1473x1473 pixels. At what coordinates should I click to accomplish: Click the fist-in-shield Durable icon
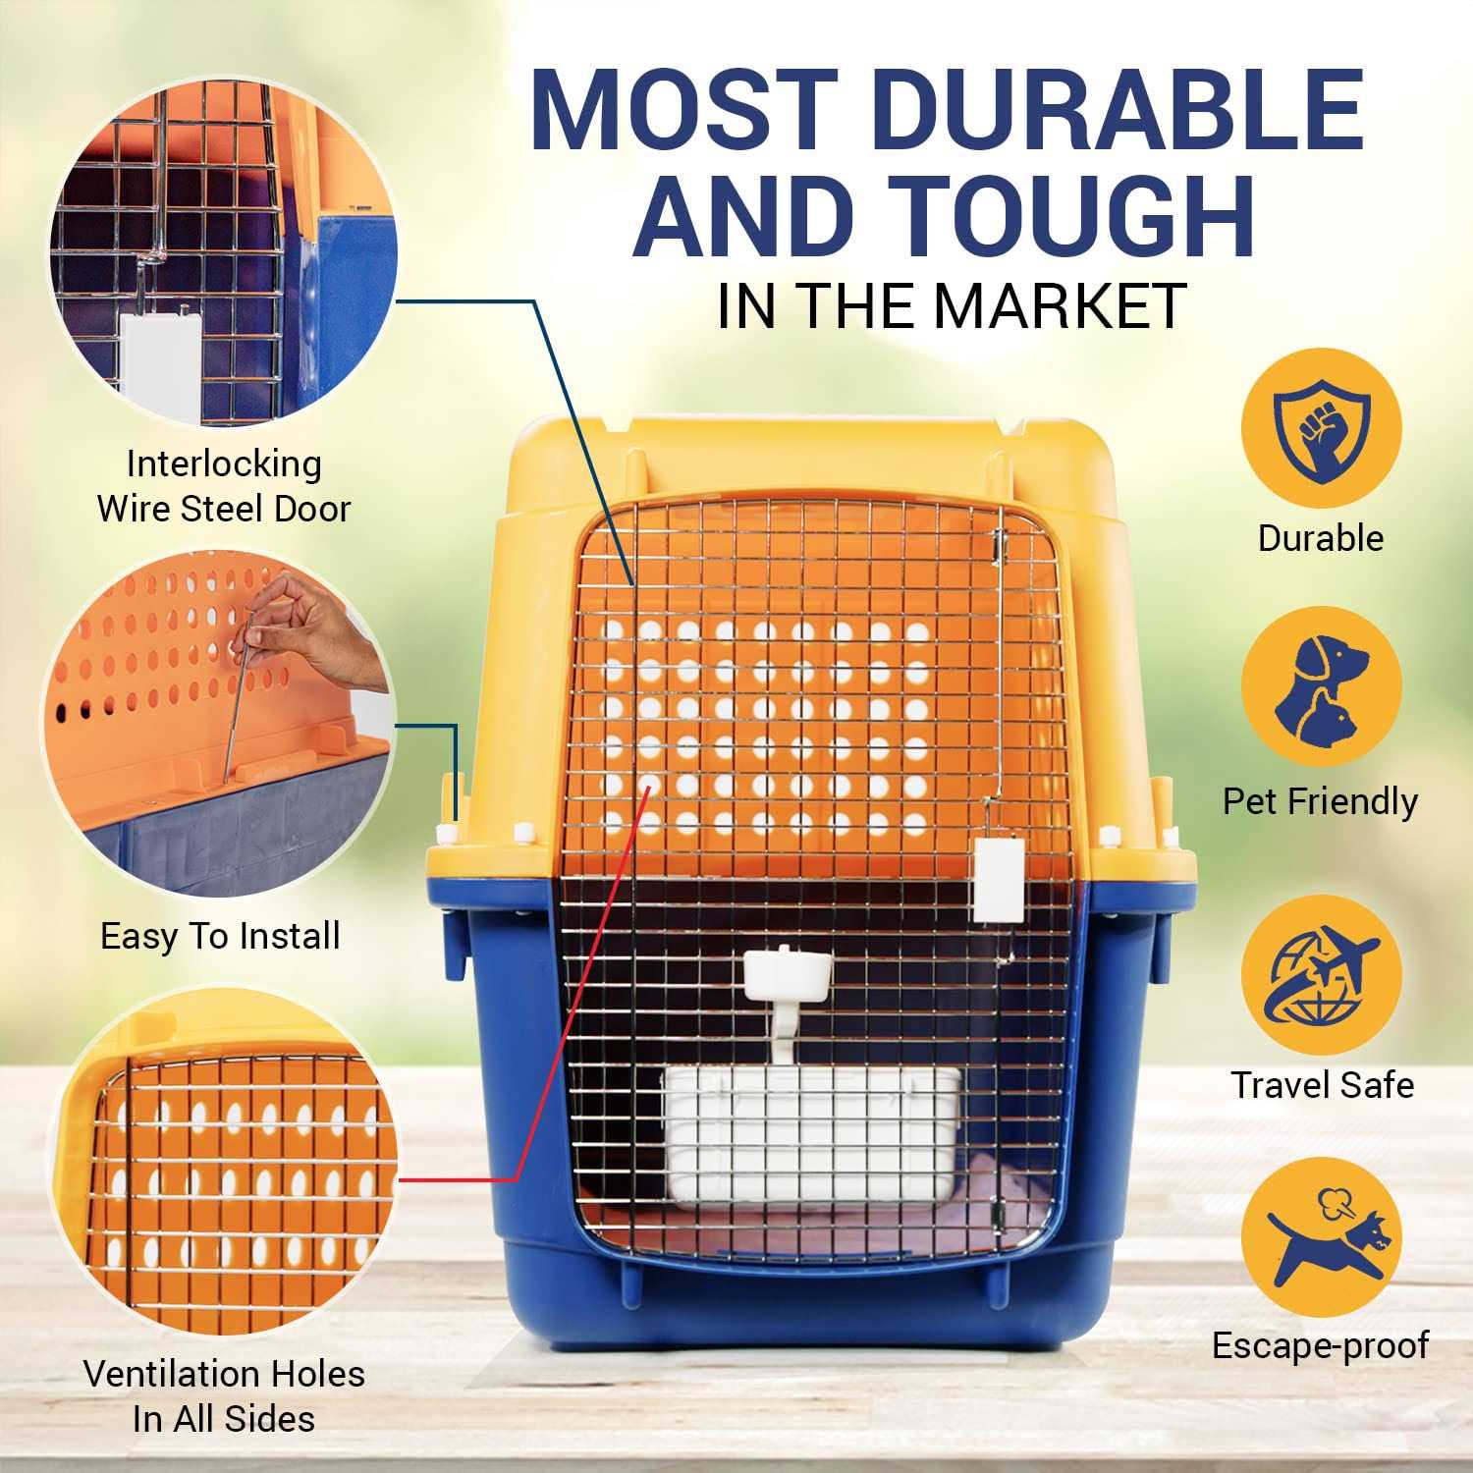1321,429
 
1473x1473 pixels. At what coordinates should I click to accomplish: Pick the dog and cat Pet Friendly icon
1321,687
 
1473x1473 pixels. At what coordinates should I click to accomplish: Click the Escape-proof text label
1321,1345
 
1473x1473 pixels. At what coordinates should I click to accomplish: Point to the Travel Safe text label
1322,1085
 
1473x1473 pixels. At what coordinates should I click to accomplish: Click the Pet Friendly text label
1321,802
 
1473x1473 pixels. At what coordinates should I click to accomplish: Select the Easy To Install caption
221,936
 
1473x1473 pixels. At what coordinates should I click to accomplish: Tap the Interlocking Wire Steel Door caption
224,486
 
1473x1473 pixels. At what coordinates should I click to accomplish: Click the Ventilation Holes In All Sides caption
224,1395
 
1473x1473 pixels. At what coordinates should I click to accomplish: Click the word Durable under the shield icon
1321,538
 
